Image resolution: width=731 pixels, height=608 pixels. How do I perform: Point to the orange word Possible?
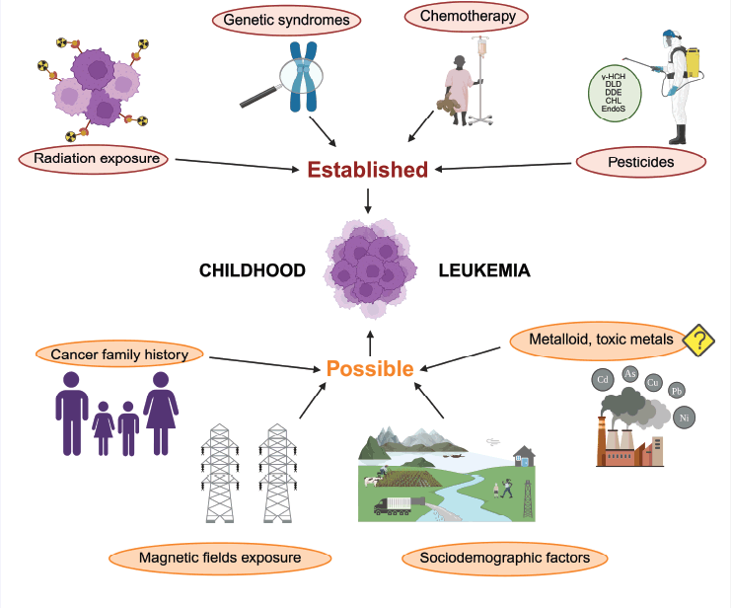[370, 369]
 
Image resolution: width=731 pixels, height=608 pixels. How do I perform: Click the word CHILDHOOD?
[252, 270]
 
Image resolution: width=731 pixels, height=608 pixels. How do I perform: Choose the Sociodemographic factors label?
[511, 559]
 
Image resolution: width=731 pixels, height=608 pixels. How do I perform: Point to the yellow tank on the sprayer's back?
[693, 59]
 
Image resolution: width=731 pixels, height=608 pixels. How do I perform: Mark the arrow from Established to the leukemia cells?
[368, 201]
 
